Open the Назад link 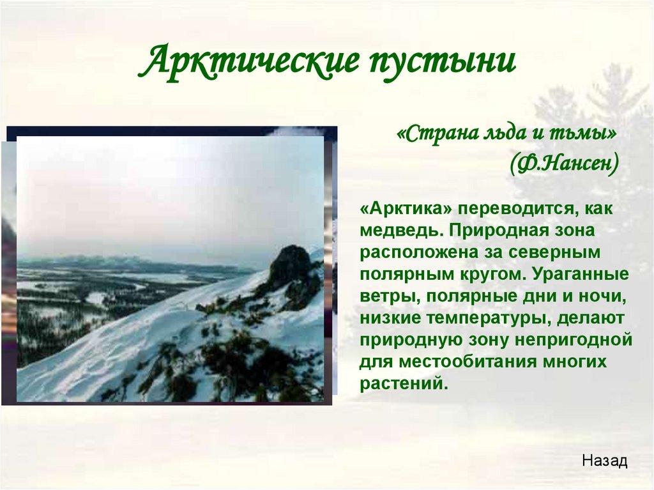[x=605, y=461]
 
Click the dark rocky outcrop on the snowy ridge [x=291, y=266]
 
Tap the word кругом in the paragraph [x=492, y=275]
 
